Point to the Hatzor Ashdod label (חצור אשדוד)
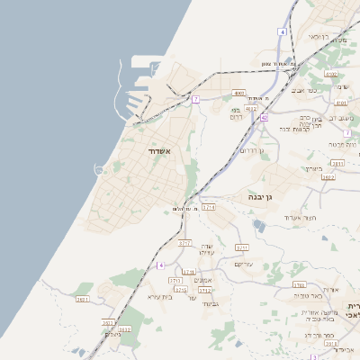294,218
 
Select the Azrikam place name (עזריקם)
245,264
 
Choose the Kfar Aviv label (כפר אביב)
301,91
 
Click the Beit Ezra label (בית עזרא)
158,296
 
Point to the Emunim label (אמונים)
203,281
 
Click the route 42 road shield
265,118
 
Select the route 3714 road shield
209,207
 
